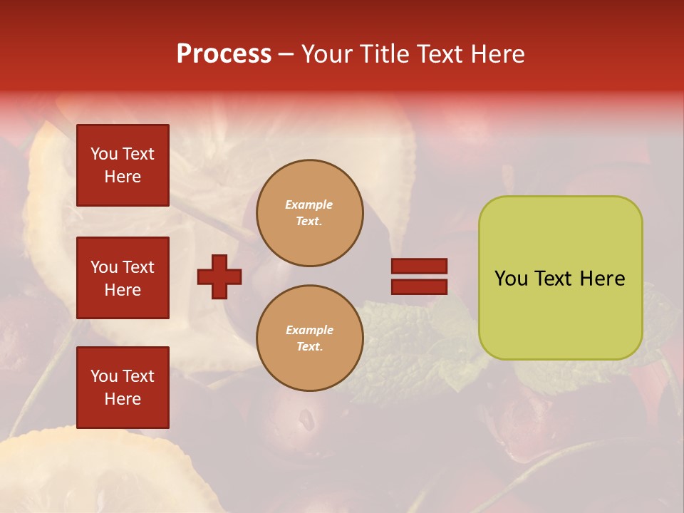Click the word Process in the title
(x=224, y=54)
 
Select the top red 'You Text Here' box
(x=123, y=165)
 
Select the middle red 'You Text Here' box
(x=123, y=278)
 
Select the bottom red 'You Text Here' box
(x=123, y=388)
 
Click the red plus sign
(x=219, y=276)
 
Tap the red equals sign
(x=419, y=276)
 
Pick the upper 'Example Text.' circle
(x=310, y=213)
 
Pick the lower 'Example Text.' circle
(x=310, y=338)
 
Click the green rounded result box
(x=560, y=278)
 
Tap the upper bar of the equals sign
(x=419, y=266)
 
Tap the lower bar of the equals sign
(x=419, y=286)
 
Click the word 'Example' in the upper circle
(x=309, y=204)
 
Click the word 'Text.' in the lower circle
(x=309, y=347)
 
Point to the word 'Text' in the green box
(x=553, y=279)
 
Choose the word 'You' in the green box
(x=511, y=279)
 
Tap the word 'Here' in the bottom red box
(x=123, y=399)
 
